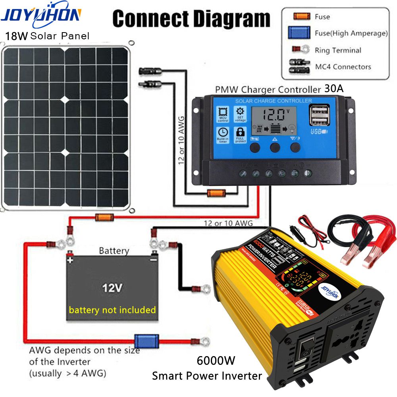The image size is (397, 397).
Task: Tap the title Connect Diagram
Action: point(191,19)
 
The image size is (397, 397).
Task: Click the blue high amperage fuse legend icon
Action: point(299,33)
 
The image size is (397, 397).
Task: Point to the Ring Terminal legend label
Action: point(338,50)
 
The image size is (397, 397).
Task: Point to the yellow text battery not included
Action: point(112,310)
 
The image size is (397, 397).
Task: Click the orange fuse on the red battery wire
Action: point(104,217)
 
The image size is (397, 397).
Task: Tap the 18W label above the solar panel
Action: point(16,36)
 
